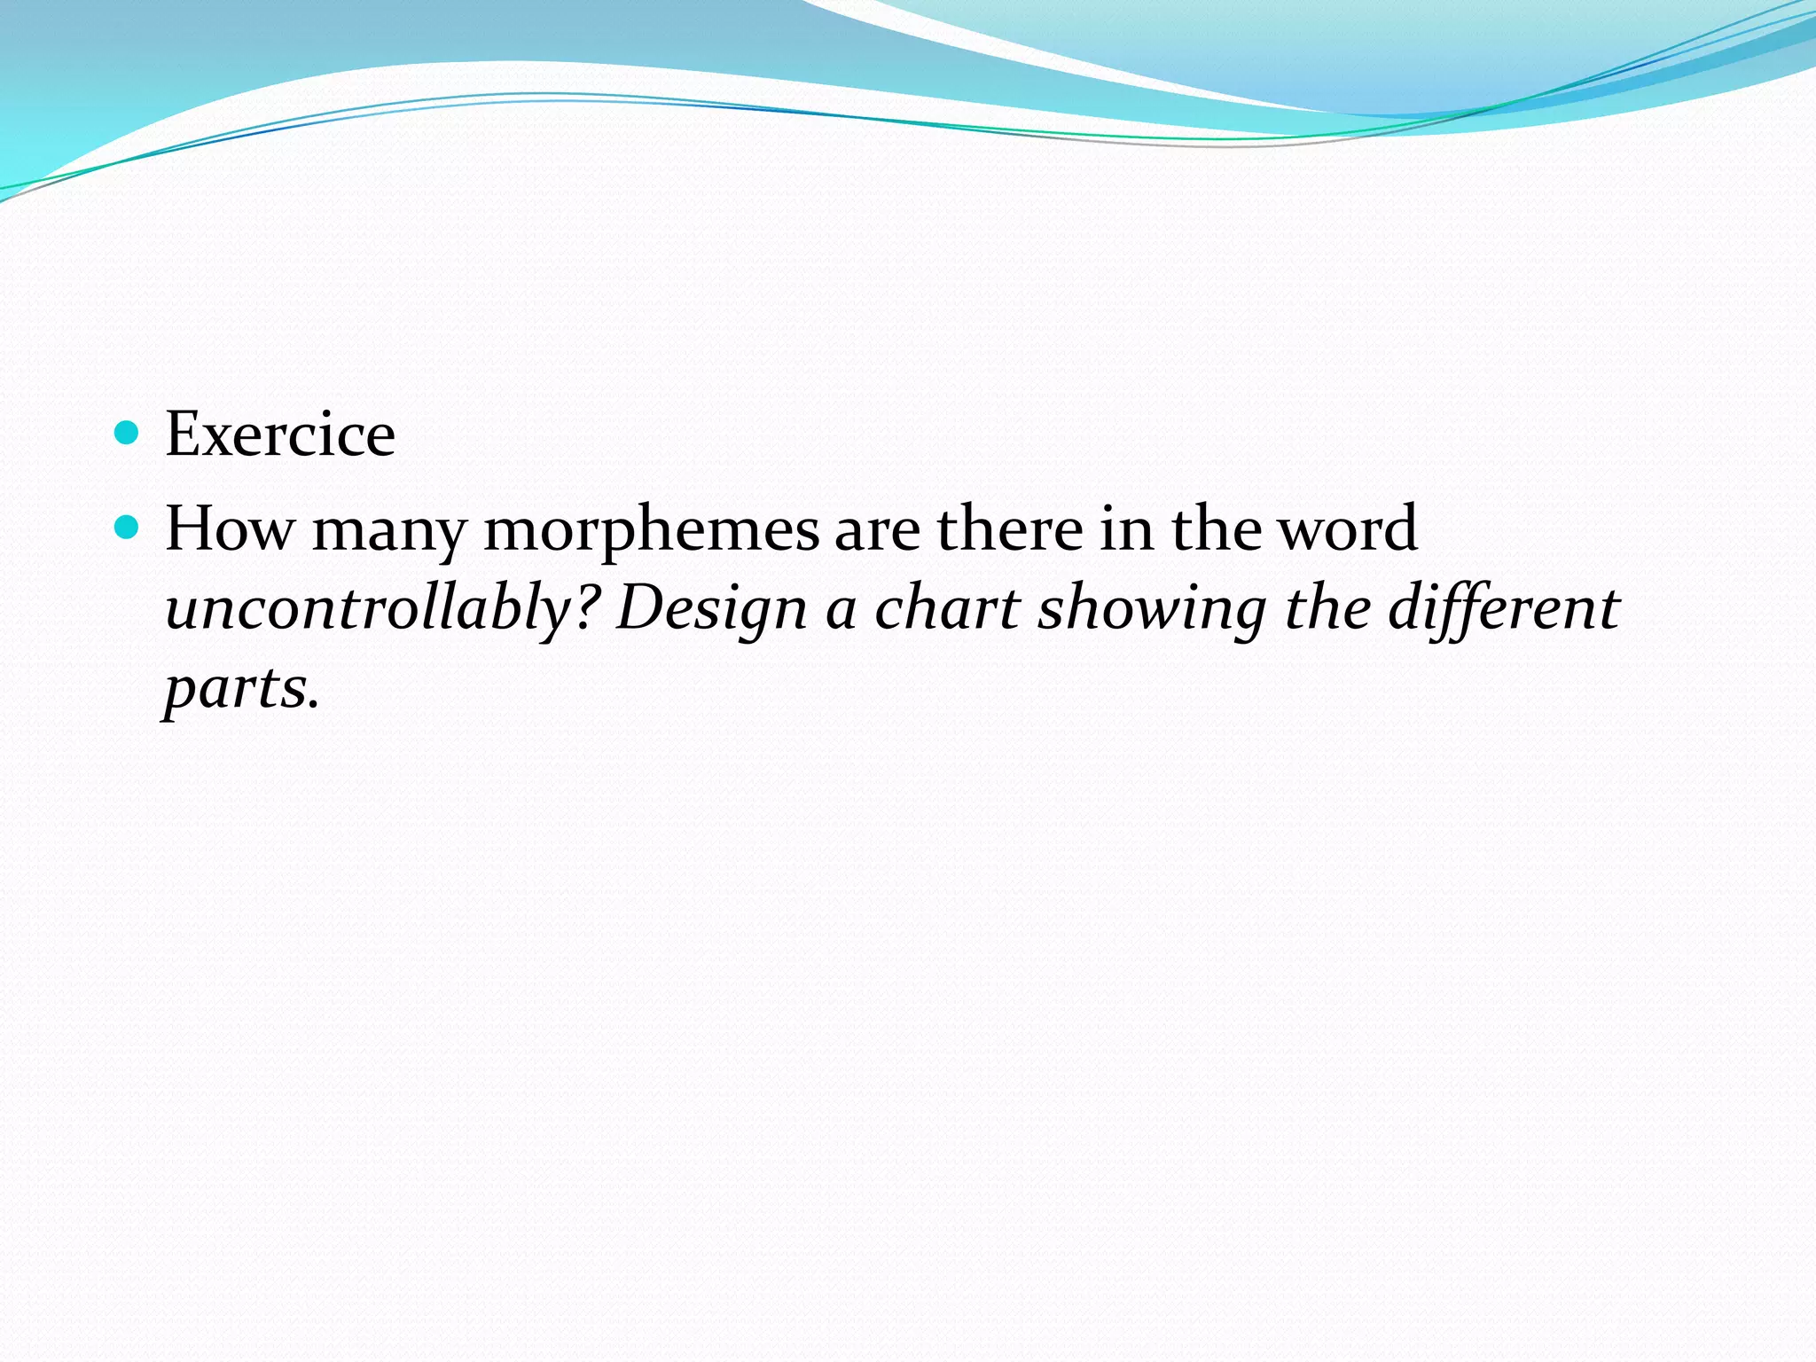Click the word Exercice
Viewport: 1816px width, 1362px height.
tap(280, 434)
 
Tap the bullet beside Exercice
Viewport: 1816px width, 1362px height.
tap(128, 433)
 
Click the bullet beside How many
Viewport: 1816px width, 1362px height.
tap(128, 528)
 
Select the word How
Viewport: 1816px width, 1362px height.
tap(229, 528)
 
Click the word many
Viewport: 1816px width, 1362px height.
tap(388, 530)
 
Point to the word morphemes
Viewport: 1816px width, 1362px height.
tap(652, 530)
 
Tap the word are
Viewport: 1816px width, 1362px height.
tap(877, 530)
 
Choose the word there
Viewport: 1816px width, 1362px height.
tap(1010, 528)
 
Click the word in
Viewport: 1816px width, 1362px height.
tap(1126, 528)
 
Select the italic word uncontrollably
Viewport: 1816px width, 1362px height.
tap(369, 610)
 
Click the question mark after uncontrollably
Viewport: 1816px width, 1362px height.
tap(586, 608)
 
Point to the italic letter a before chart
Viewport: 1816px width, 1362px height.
tap(841, 612)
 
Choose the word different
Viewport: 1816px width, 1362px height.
tap(1504, 610)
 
